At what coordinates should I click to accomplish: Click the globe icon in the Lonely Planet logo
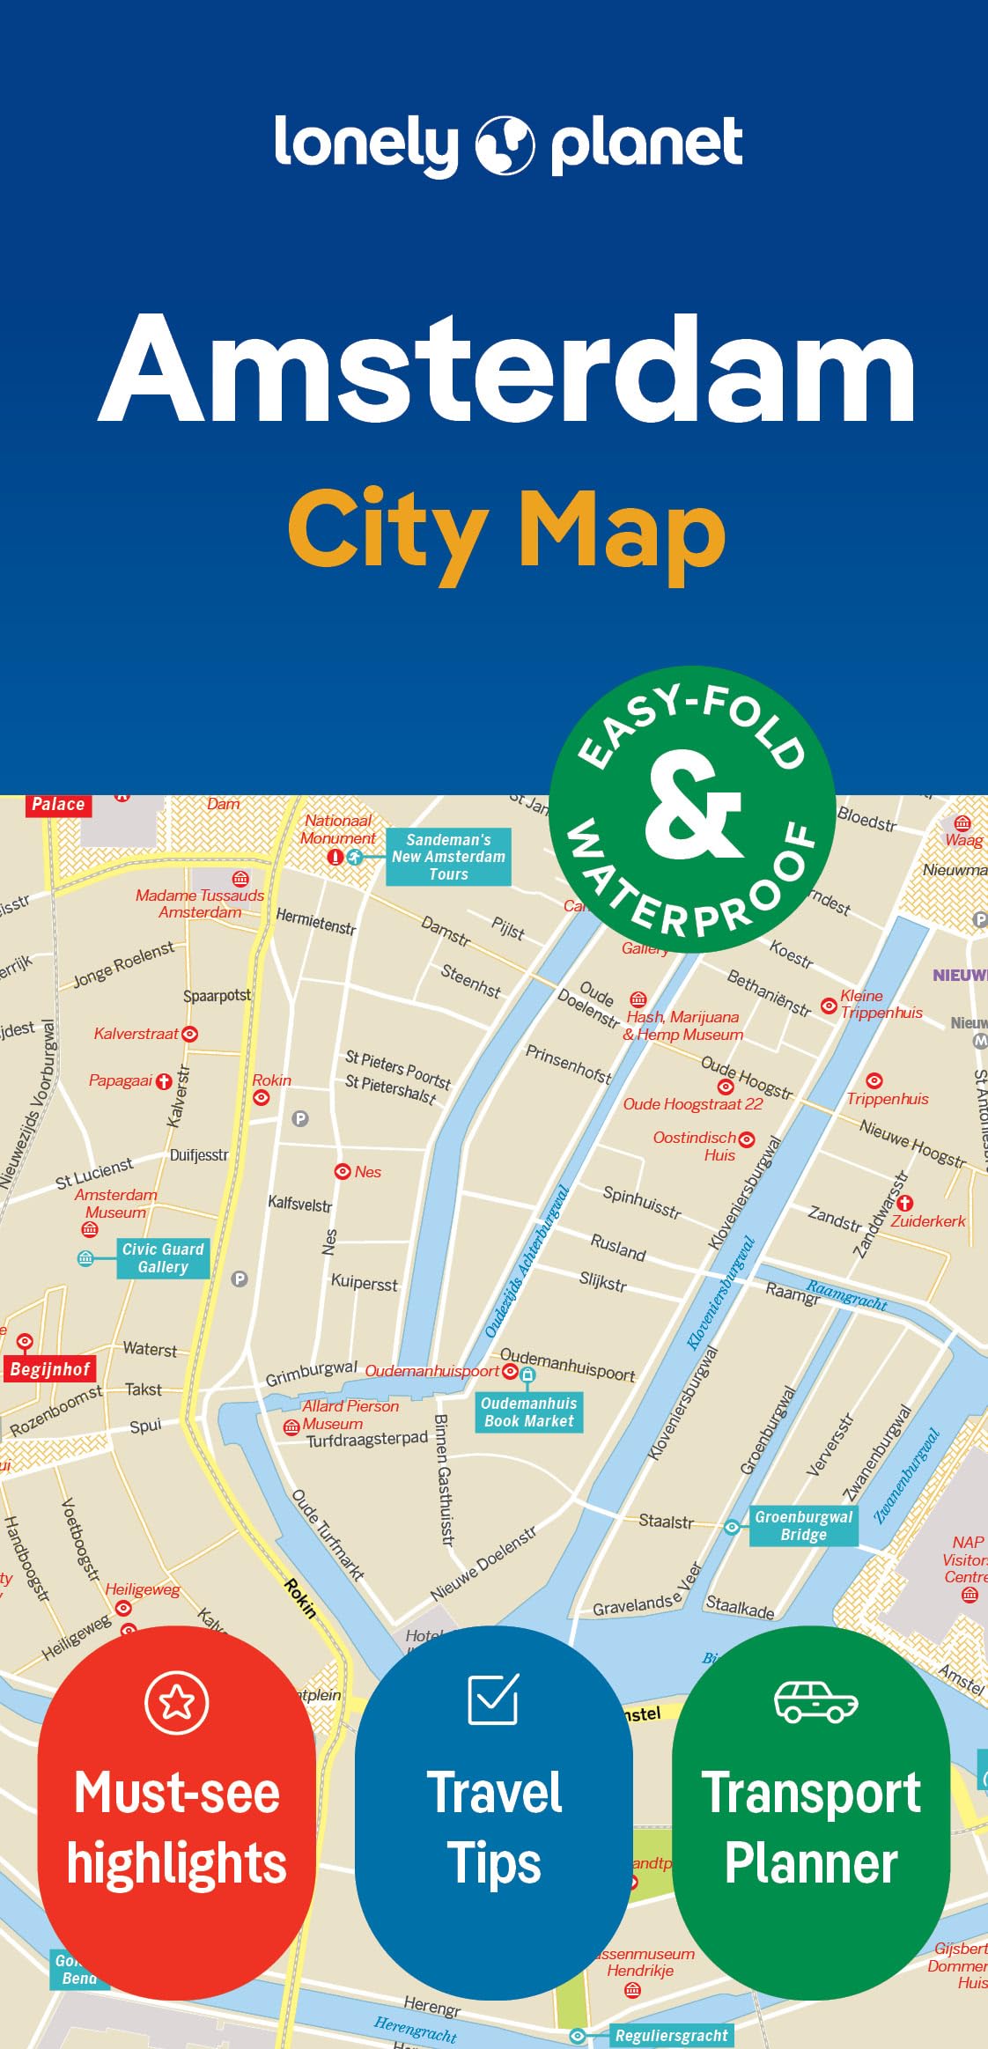point(505,144)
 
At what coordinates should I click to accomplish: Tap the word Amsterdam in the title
point(508,370)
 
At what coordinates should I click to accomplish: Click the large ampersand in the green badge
point(693,807)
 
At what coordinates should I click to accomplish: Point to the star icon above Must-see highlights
point(177,1702)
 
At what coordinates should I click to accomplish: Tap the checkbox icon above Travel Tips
point(493,1699)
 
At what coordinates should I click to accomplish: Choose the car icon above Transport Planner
point(815,1702)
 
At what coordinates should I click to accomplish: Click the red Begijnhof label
point(50,1369)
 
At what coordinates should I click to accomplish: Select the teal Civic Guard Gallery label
point(163,1258)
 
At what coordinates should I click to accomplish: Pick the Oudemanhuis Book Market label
point(528,1412)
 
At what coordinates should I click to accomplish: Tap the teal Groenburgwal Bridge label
point(803,1526)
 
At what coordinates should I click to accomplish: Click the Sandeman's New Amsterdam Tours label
point(448,857)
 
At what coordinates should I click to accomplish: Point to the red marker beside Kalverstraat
point(189,1034)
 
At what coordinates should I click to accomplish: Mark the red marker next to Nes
point(343,1171)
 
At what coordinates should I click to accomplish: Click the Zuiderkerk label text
point(928,1221)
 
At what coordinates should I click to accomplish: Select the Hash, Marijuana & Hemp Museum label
point(682,1026)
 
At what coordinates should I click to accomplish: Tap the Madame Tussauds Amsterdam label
point(200,903)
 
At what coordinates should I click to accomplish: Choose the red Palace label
point(58,804)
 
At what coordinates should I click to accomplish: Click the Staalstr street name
point(666,1522)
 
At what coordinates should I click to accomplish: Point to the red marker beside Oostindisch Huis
point(747,1139)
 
